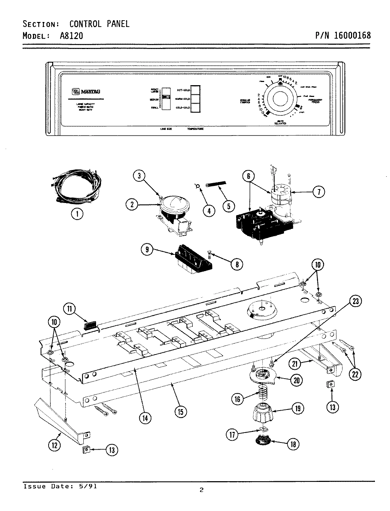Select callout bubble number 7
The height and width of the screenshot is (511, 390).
(318, 192)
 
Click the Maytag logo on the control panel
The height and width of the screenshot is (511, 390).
(87, 92)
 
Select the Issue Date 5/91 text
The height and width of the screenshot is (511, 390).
(60, 486)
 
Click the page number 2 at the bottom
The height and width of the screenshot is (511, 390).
(201, 490)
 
